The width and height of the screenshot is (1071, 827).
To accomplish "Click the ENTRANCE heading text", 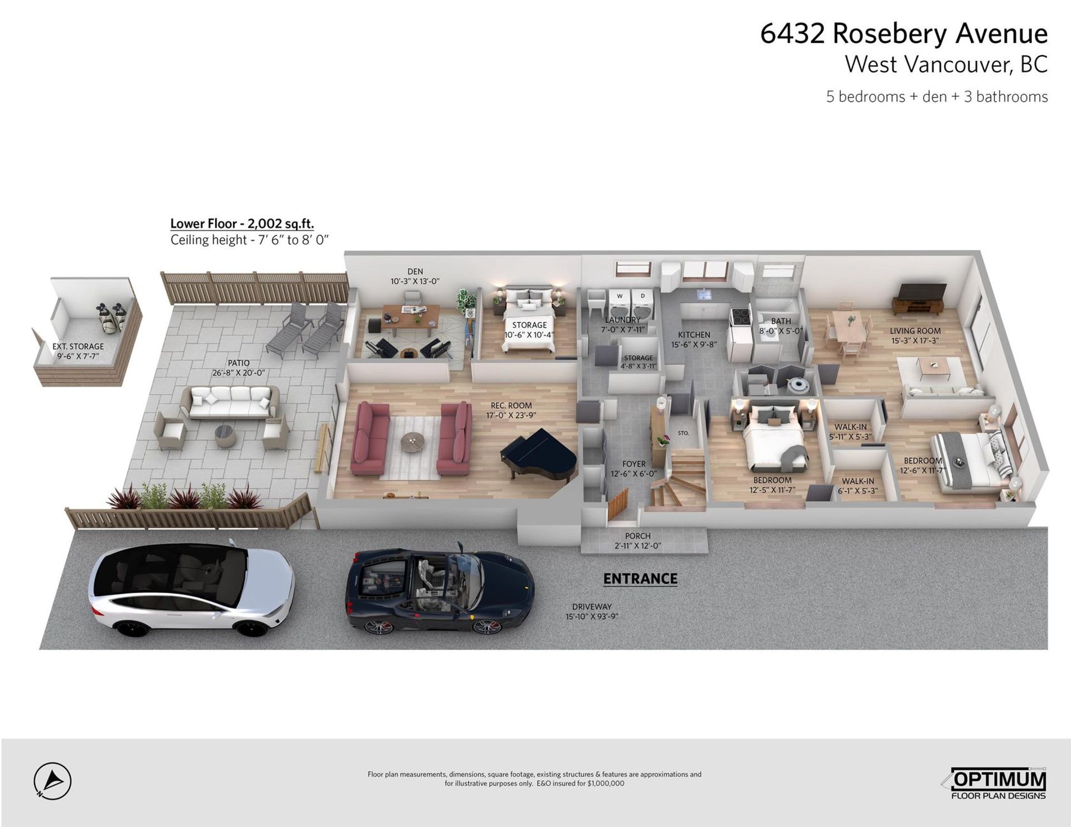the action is (x=640, y=579).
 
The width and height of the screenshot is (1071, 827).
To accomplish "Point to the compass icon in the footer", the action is (x=52, y=781).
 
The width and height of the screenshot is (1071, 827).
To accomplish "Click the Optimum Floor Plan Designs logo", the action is (x=998, y=784).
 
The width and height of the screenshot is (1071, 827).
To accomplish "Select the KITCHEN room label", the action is (x=694, y=335).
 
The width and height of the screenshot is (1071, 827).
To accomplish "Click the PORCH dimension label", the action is (x=638, y=541).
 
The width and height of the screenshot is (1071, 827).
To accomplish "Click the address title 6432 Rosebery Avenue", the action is (x=904, y=33).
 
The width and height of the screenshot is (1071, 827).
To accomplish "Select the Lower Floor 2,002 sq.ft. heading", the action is (x=242, y=224).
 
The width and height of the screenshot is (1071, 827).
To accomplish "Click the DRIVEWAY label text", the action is (x=592, y=607).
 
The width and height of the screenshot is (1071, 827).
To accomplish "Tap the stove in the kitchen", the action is (x=741, y=316).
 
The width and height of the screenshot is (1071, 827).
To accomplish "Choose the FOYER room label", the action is (x=634, y=464).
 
